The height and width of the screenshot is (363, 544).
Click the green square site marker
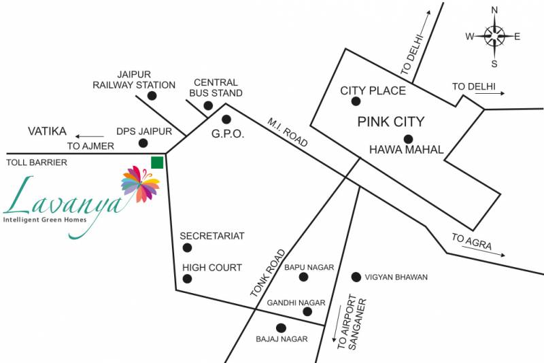(157, 162)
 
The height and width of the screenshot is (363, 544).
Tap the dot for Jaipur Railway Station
(152, 96)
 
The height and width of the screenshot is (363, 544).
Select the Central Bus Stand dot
(208, 105)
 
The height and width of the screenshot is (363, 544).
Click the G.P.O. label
(228, 134)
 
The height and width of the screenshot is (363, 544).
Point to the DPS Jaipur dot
(143, 143)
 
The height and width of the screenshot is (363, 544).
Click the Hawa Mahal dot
(409, 139)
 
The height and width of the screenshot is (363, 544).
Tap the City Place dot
(356, 101)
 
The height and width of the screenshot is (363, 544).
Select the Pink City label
(391, 122)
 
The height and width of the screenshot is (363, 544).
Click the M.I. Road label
(288, 132)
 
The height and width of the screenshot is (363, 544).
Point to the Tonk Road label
(268, 273)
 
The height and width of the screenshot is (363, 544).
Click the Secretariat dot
(187, 247)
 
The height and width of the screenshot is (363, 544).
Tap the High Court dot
(187, 279)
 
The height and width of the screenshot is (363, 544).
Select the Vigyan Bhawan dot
(356, 277)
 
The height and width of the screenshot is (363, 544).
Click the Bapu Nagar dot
(303, 277)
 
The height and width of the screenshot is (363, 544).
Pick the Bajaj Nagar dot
(281, 328)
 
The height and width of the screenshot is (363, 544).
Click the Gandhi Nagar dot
(307, 311)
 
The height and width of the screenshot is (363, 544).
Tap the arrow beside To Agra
(483, 251)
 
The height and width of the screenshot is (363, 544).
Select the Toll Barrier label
(37, 162)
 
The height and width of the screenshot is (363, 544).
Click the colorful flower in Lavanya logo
(140, 184)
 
